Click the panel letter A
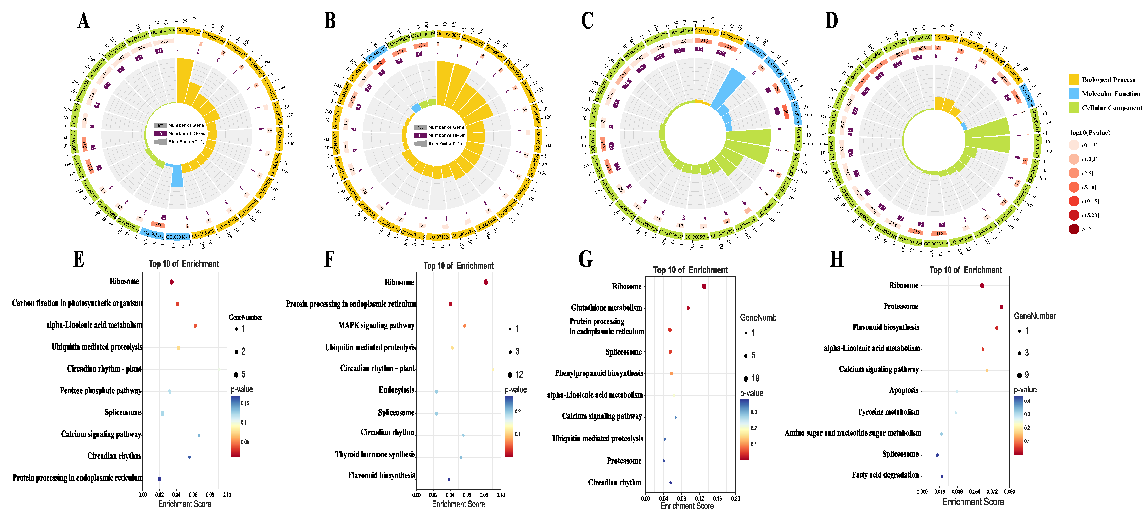(x=83, y=21)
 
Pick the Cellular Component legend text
(x=1112, y=108)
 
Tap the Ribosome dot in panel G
(x=704, y=286)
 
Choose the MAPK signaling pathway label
(x=376, y=326)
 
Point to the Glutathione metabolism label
(x=606, y=308)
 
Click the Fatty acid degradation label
(x=885, y=475)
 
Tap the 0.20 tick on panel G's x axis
(x=735, y=499)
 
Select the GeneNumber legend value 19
(x=755, y=378)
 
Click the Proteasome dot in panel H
(x=1001, y=307)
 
